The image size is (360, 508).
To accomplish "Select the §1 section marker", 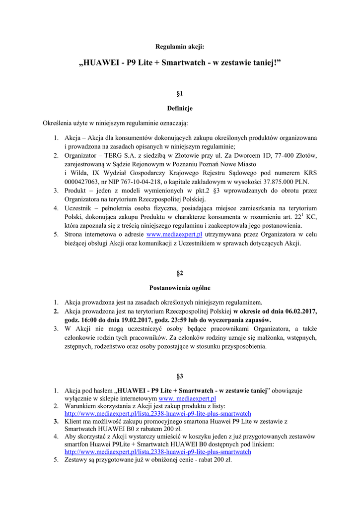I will tap(180, 93).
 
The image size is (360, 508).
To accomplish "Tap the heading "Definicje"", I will tap(180, 108).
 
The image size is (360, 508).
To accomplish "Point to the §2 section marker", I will tap(180, 273).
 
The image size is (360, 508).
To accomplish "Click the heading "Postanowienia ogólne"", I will tap(180, 288).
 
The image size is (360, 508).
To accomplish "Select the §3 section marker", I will tap(180, 376).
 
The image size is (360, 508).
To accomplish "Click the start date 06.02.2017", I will tap(301, 312).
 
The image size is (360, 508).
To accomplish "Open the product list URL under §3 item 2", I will tap(158, 414).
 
